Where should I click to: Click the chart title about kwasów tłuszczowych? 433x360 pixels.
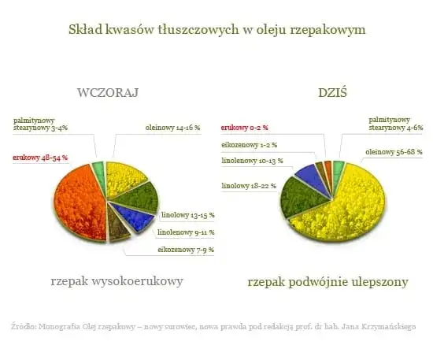coord(216,29)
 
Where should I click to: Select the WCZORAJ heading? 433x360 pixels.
coord(108,93)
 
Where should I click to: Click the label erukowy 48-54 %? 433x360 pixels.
coord(40,158)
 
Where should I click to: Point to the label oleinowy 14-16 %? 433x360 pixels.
coord(172,127)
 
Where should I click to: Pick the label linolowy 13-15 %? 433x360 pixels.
coord(187,214)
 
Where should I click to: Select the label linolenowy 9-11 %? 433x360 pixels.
coord(186,232)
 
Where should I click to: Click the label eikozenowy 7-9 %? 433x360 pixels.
coord(186,250)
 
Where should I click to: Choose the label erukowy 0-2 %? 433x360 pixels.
coord(244,127)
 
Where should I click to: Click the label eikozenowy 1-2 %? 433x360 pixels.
coord(246,145)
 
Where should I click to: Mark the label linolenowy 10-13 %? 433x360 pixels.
coord(248,161)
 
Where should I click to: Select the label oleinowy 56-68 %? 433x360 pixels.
coord(394,151)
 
